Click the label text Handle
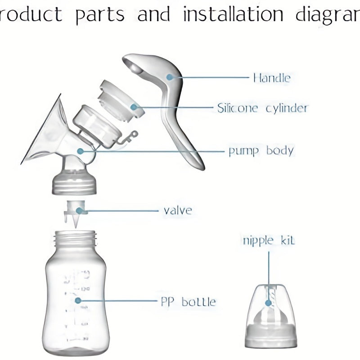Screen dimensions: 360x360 pos(271,78)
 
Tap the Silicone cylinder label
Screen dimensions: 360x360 pos(263,108)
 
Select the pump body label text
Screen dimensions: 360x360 pos(261,150)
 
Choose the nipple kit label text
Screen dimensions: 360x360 pos(269,240)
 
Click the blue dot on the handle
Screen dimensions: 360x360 pos(170,77)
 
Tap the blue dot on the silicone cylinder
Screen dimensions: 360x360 pos(134,107)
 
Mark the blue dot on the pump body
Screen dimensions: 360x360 pos(81,151)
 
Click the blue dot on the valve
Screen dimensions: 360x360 pos(79,210)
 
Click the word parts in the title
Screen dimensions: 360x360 pos(100,15)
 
